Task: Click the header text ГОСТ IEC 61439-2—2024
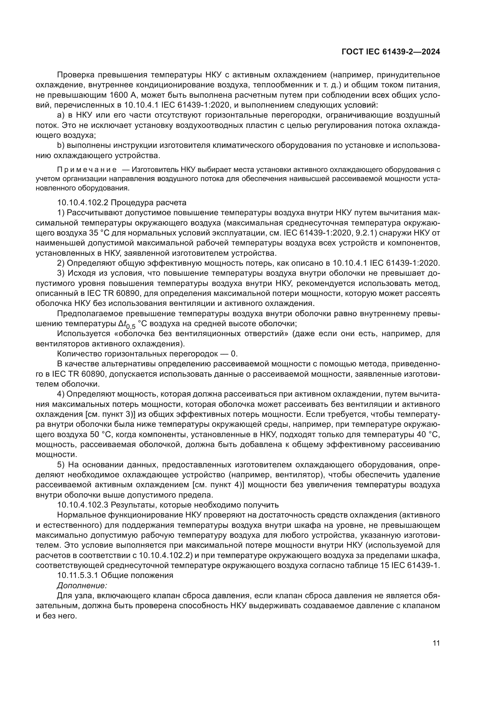pos(390,52)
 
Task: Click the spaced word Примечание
pos(87,170)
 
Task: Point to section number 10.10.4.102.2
pos(83,203)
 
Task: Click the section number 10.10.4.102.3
pos(83,505)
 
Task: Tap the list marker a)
pos(60,115)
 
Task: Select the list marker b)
pos(60,145)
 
